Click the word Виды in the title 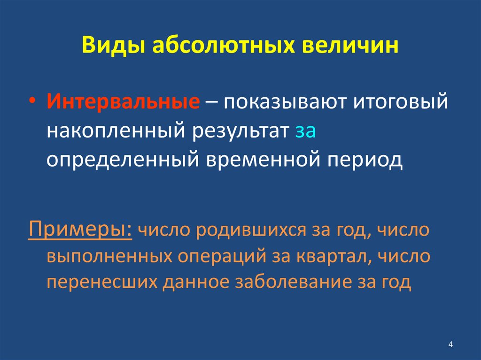click(x=111, y=47)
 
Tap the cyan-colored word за click(x=306, y=132)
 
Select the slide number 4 click(x=450, y=345)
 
